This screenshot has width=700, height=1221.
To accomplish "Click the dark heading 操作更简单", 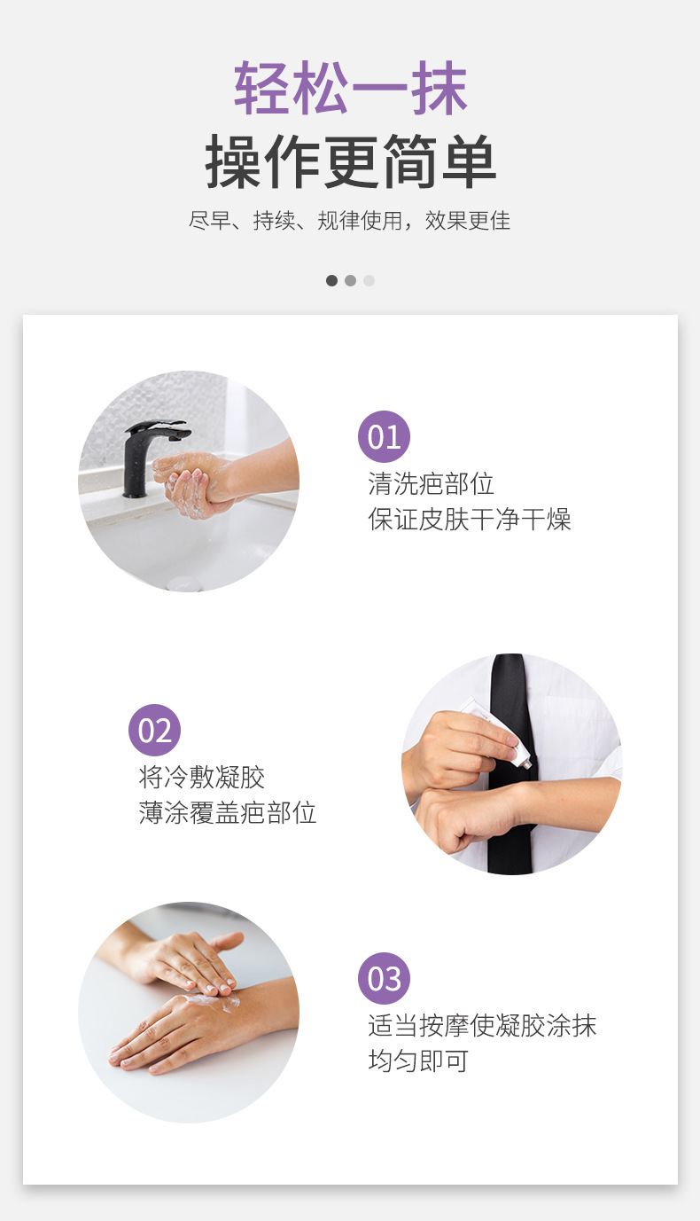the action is point(350,162).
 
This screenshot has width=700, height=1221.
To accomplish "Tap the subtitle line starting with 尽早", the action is point(349,221).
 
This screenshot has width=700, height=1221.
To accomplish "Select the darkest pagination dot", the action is point(331,281).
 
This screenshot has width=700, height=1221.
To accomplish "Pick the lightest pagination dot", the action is point(369,281).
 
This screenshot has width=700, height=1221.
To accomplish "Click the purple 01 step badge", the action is point(384,436).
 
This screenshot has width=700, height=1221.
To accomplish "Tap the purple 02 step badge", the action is point(155,730).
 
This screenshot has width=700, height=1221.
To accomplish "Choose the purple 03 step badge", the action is point(384,978).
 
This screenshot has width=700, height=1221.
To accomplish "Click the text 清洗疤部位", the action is point(431,483).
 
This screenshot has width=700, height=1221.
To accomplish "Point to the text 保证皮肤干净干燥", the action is point(470,519).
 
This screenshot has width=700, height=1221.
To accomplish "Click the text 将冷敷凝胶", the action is point(201,777).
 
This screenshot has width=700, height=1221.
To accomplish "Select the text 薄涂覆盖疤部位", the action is point(227,812).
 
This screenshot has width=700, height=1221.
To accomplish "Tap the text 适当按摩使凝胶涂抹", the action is point(482,1025).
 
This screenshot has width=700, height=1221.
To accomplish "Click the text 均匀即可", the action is point(418,1061).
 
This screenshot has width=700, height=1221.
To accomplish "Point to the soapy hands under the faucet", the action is point(194,483).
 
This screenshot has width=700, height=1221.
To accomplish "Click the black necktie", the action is point(509,763).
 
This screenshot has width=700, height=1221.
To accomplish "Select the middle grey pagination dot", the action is point(350,281).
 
